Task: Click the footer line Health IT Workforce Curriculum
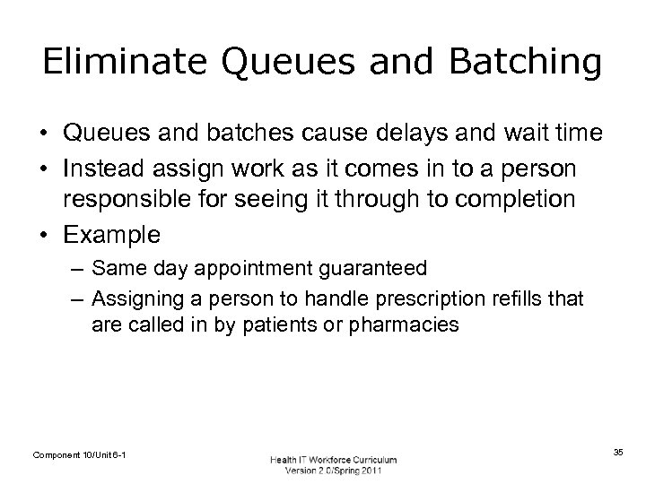pos(333,460)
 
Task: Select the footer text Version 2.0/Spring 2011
pos(333,472)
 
